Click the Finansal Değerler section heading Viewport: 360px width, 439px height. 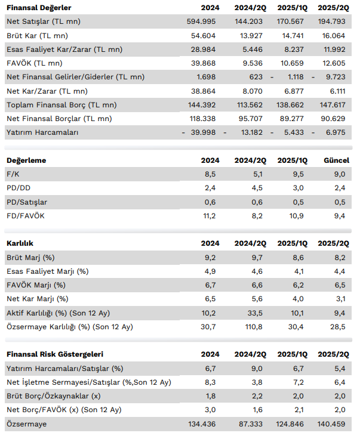(39, 8)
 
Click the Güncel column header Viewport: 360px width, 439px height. (336, 160)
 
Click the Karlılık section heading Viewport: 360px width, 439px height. (20, 243)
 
